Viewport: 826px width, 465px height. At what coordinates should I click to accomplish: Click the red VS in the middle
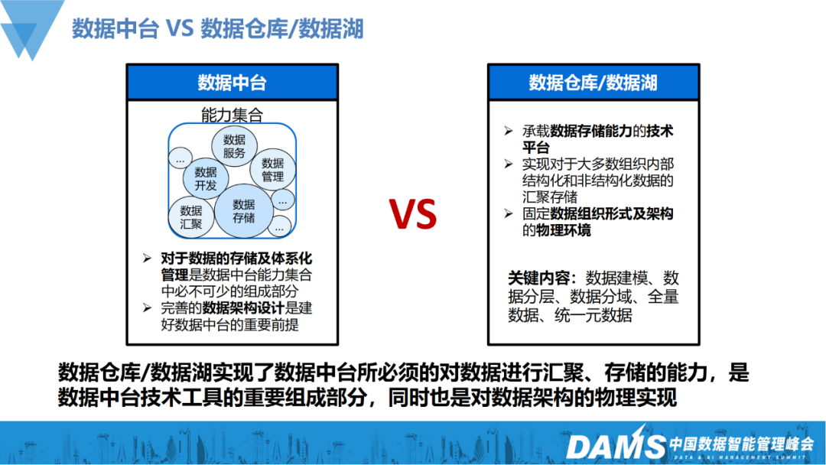(x=413, y=214)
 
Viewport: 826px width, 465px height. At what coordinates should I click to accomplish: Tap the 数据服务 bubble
(x=234, y=146)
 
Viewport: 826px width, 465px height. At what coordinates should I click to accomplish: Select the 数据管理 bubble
(x=272, y=170)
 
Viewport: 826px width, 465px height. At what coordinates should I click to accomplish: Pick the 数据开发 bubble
(x=206, y=178)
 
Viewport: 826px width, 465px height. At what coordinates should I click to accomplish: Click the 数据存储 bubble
(x=243, y=210)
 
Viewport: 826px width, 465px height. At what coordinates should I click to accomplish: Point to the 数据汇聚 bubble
(x=190, y=217)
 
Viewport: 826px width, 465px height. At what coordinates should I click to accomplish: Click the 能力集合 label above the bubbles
(x=232, y=115)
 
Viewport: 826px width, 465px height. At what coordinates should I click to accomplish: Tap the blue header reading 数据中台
(x=233, y=83)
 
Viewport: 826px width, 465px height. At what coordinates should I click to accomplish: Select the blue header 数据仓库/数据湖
(x=593, y=83)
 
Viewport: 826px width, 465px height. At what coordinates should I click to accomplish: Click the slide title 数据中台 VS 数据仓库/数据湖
(x=217, y=28)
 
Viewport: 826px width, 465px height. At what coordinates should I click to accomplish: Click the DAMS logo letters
(x=615, y=446)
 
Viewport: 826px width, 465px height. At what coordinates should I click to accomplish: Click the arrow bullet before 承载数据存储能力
(x=509, y=131)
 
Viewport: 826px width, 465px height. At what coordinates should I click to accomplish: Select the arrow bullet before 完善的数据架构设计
(x=147, y=307)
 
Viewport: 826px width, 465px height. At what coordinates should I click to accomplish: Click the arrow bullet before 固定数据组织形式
(x=509, y=213)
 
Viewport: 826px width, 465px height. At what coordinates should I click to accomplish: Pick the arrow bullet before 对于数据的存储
(x=147, y=258)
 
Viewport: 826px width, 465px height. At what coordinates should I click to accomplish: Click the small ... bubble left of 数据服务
(x=180, y=158)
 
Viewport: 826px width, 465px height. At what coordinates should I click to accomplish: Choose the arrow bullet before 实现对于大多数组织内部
(x=509, y=164)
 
